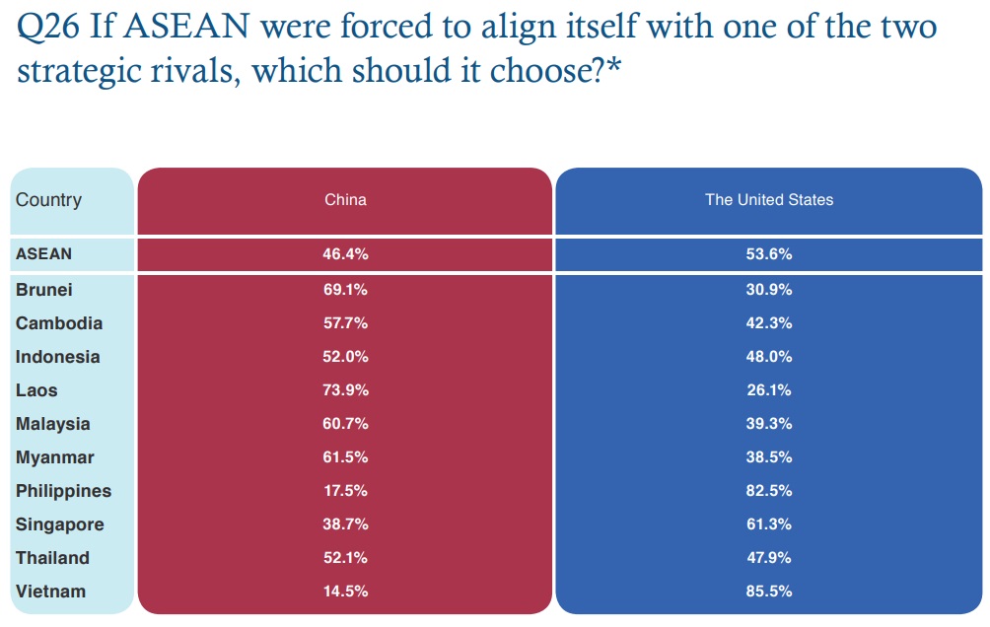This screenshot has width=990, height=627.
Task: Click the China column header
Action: click(x=345, y=200)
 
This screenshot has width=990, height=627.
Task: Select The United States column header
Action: click(x=768, y=200)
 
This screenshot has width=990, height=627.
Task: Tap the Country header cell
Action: click(x=48, y=200)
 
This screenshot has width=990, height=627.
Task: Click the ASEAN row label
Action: click(x=43, y=253)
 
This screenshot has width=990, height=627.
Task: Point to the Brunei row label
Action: click(x=43, y=290)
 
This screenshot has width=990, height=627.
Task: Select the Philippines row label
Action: click(x=63, y=491)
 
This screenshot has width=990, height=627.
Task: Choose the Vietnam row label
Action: click(x=50, y=592)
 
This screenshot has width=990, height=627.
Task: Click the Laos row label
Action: click(x=36, y=390)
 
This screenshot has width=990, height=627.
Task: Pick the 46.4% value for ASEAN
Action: click(x=345, y=253)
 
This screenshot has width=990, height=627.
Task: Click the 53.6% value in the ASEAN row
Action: click(x=768, y=253)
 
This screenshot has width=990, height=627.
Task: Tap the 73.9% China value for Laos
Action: click(x=345, y=390)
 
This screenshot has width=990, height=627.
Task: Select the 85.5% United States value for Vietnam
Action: click(x=768, y=592)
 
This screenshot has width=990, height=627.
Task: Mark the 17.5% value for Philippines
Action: click(x=345, y=491)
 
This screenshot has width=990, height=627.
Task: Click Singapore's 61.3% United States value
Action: click(x=768, y=524)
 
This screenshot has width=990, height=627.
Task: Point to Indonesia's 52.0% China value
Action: click(x=345, y=357)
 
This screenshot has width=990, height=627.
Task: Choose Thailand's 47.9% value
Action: click(x=768, y=558)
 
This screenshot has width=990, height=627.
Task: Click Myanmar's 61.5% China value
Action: click(x=345, y=457)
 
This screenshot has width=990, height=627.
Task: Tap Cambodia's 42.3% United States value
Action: click(x=768, y=323)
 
